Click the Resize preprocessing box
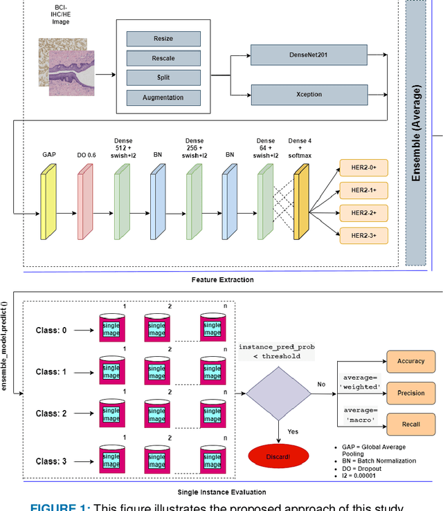(163, 39)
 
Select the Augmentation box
(163, 97)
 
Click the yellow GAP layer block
(48, 204)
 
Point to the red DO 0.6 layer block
(84, 204)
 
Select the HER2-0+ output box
(363, 167)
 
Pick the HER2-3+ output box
(363, 236)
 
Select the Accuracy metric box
(410, 362)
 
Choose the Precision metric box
(410, 393)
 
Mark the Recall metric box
(410, 423)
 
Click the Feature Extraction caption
(222, 280)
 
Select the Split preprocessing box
(163, 78)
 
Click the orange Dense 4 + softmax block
(301, 204)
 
